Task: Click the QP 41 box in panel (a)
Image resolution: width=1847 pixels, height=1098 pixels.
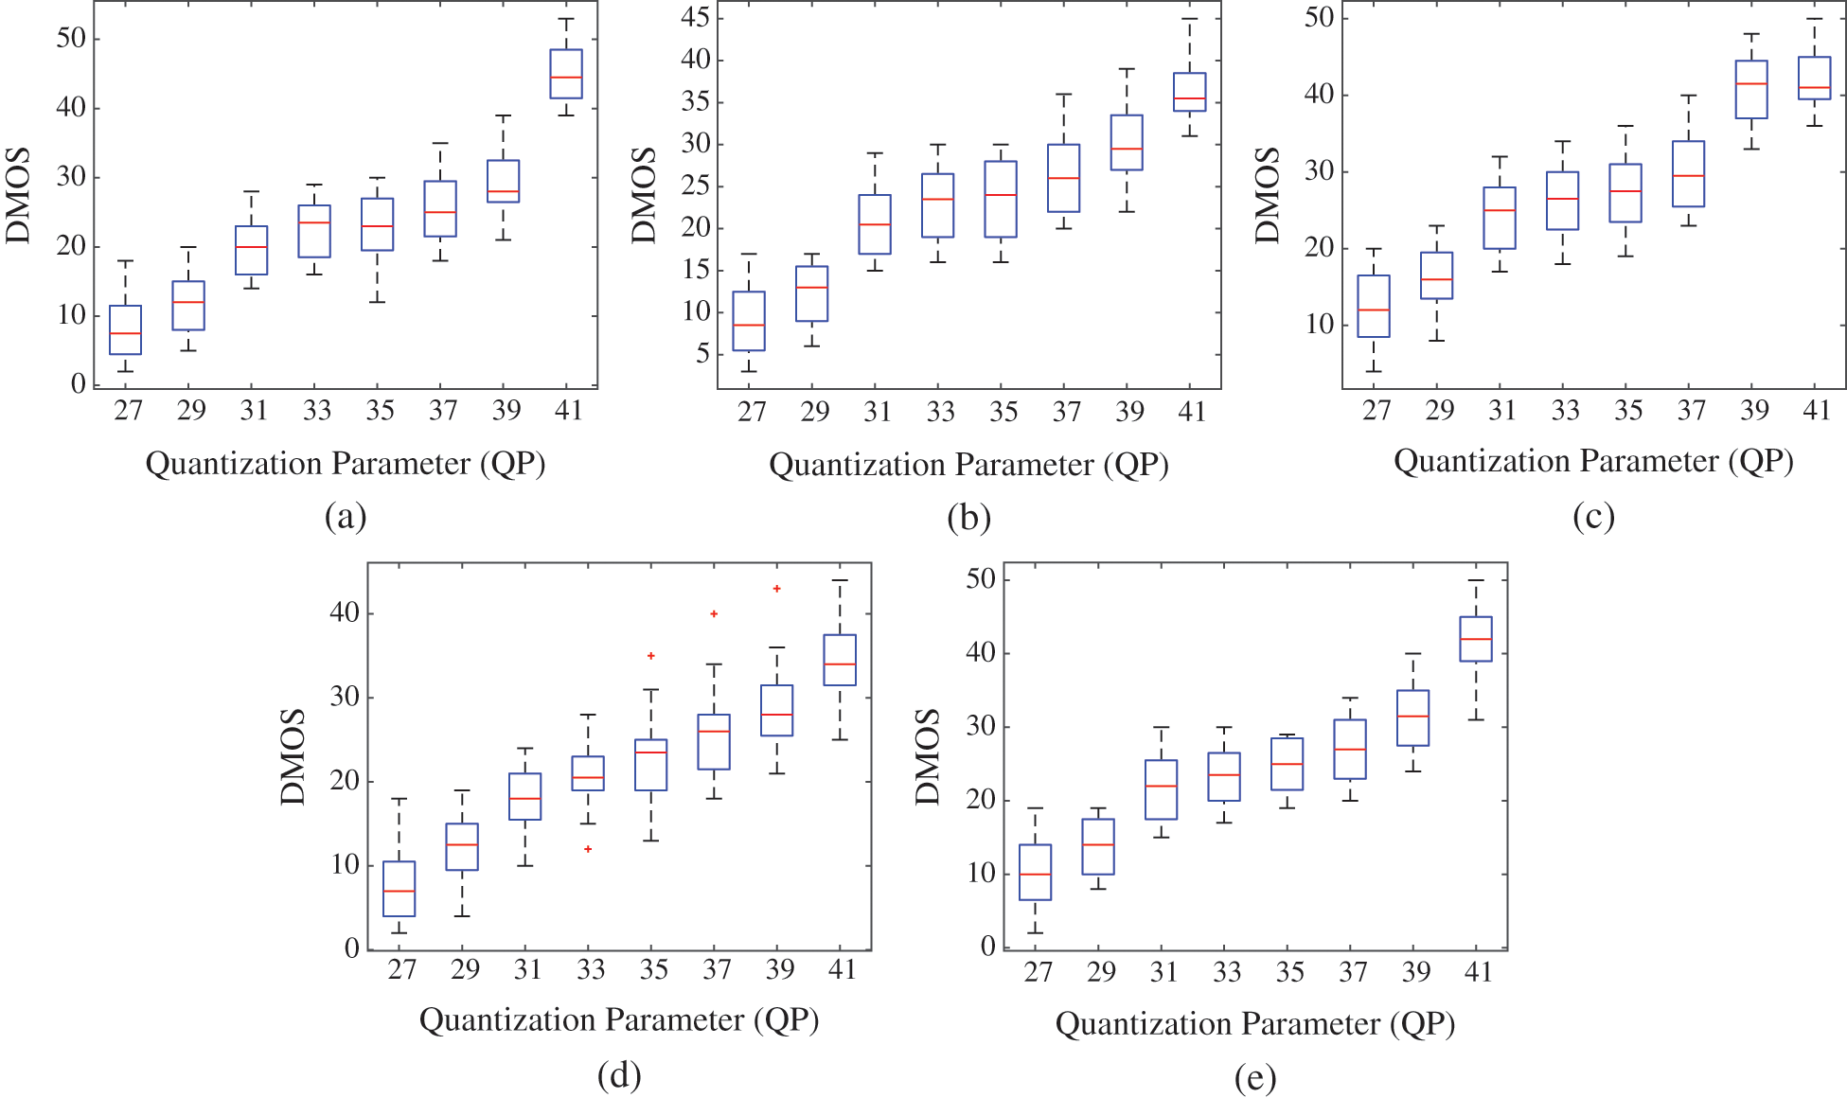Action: pyautogui.click(x=566, y=74)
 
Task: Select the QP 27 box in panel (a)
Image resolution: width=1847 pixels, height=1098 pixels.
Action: pyautogui.click(x=126, y=330)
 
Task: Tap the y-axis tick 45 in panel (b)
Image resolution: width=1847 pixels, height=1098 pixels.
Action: pyautogui.click(x=696, y=18)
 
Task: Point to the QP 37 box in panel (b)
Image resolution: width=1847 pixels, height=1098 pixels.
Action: pyautogui.click(x=1063, y=178)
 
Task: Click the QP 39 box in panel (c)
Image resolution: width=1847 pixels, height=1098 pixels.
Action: pyautogui.click(x=1751, y=90)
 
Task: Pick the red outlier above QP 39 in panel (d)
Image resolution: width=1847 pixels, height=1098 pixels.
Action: pyautogui.click(x=777, y=589)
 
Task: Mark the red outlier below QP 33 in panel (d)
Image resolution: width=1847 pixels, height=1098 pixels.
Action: pyautogui.click(x=588, y=849)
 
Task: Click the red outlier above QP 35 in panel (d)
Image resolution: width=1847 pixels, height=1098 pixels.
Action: pyautogui.click(x=651, y=656)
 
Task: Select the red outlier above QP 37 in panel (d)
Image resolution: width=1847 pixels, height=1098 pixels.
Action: pyautogui.click(x=714, y=614)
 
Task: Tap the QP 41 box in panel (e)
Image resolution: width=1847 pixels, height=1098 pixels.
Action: pyautogui.click(x=1476, y=639)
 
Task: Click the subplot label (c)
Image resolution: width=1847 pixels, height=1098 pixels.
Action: pyautogui.click(x=1593, y=517)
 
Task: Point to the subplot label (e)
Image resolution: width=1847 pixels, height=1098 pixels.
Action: pyautogui.click(x=1255, y=1077)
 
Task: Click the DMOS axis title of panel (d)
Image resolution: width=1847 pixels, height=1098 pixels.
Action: pyautogui.click(x=293, y=757)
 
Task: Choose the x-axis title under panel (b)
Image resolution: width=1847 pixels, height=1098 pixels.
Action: pyautogui.click(x=968, y=465)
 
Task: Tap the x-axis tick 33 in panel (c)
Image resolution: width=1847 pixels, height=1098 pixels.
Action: pyautogui.click(x=1565, y=410)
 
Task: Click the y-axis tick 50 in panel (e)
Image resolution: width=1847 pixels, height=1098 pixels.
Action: pyautogui.click(x=981, y=579)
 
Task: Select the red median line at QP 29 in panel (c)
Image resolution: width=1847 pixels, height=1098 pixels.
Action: pyautogui.click(x=1437, y=279)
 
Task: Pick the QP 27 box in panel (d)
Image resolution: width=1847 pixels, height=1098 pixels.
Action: pyautogui.click(x=400, y=889)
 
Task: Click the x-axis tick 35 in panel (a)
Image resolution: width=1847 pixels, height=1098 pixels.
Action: pyautogui.click(x=380, y=410)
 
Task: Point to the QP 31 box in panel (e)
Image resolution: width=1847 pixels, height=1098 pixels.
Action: pyautogui.click(x=1162, y=789)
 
